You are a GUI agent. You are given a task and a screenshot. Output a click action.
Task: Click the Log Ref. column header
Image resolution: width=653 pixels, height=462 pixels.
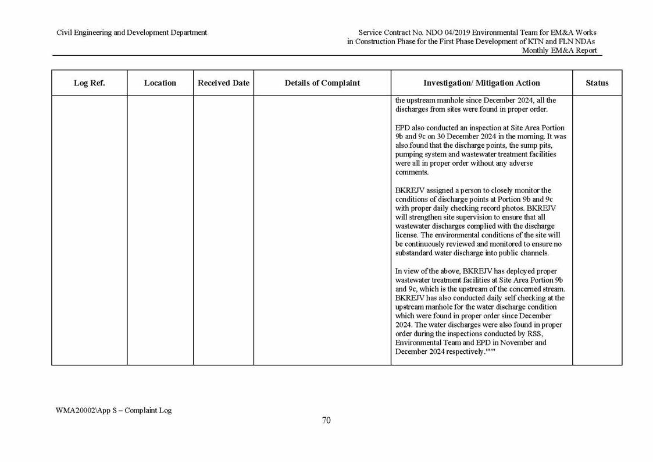pyautogui.click(x=89, y=83)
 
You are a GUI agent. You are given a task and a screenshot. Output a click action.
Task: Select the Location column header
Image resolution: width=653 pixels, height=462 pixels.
pyautogui.click(x=160, y=83)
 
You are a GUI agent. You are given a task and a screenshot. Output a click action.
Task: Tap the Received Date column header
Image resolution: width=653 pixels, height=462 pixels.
pyautogui.click(x=223, y=83)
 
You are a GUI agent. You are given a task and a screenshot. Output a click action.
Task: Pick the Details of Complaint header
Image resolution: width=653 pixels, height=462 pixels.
pyautogui.click(x=322, y=83)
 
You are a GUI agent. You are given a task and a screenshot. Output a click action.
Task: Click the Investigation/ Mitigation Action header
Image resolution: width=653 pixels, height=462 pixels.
pyautogui.click(x=481, y=83)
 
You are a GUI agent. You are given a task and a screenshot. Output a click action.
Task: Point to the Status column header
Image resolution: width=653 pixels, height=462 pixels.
pyautogui.click(x=597, y=83)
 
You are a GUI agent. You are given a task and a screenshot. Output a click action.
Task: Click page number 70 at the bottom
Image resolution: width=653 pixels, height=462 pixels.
pyautogui.click(x=326, y=421)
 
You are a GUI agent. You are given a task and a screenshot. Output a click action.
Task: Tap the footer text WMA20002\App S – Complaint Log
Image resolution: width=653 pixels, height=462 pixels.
pyautogui.click(x=113, y=410)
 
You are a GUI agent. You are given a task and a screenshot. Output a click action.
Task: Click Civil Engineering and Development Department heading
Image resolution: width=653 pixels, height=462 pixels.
pyautogui.click(x=131, y=33)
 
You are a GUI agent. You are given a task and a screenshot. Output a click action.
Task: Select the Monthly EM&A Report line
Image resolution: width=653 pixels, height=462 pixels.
pyautogui.click(x=559, y=51)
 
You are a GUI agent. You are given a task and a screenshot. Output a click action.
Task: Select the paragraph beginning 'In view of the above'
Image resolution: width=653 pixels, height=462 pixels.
pyautogui.click(x=480, y=311)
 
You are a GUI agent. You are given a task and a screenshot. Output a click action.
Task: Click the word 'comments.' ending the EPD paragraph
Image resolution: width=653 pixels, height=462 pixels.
pyautogui.click(x=412, y=172)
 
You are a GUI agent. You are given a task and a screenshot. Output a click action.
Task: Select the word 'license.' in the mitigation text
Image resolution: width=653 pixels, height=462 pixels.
pyautogui.click(x=408, y=235)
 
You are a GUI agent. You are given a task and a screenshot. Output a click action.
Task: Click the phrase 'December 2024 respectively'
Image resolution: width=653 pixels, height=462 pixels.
pyautogui.click(x=440, y=352)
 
